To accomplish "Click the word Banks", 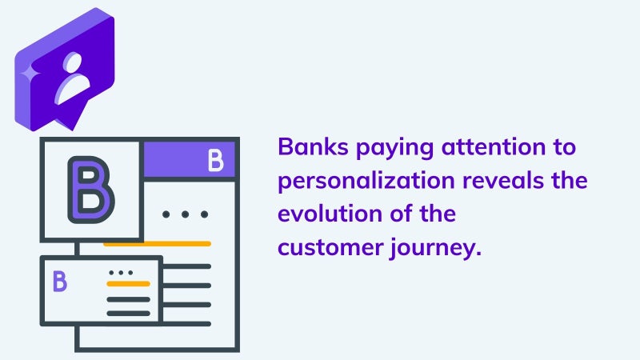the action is pyautogui.click(x=313, y=146).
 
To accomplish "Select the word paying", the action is pyautogui.click(x=394, y=149).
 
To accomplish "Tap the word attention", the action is pyautogui.click(x=494, y=146).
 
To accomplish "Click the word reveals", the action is pyautogui.click(x=503, y=180).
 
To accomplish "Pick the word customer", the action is pyautogui.click(x=330, y=248).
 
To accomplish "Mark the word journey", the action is pyautogui.click(x=436, y=249).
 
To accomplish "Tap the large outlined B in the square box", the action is pyautogui.click(x=90, y=190).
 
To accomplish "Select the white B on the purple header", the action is pyautogui.click(x=215, y=159).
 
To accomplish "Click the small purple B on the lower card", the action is pyautogui.click(x=59, y=281).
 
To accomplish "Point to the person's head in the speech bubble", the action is pyautogui.click(x=73, y=62).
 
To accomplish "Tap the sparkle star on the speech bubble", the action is pyautogui.click(x=30, y=74).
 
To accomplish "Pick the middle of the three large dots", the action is pyautogui.click(x=186, y=214).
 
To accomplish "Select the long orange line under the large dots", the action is pyautogui.click(x=157, y=244).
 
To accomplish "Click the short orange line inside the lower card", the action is pyautogui.click(x=128, y=284).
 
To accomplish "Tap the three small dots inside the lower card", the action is pyautogui.click(x=121, y=273).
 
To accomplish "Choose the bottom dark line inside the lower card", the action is pyautogui.click(x=128, y=314).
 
